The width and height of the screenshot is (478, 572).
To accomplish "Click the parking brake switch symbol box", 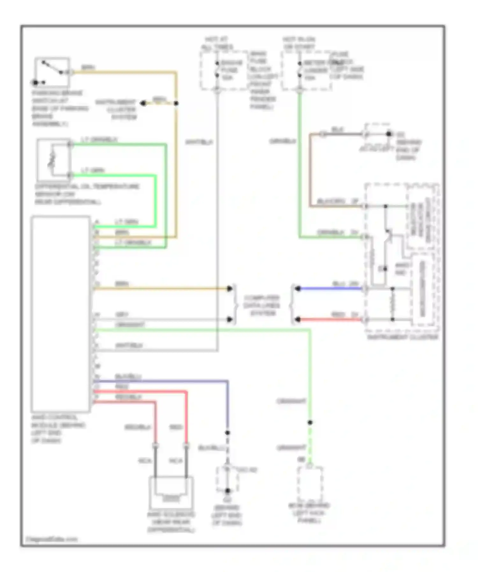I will coord(52,72).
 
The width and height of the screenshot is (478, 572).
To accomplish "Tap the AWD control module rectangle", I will coord(61,314).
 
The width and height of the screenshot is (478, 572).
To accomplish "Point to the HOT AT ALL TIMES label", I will coord(217,43).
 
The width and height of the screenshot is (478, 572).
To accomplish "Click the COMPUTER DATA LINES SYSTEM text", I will coord(262,306).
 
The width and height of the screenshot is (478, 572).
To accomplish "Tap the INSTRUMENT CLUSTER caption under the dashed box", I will coord(402,337).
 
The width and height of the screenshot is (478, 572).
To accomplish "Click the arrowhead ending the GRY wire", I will coord(230,319).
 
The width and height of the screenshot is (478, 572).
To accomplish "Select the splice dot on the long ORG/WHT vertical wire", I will coord(310,422).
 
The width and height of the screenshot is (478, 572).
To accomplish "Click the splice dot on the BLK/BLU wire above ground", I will coord(228,433).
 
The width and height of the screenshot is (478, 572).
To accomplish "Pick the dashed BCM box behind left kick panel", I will coord(310,484).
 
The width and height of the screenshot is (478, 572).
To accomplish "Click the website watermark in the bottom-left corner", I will coord(52,539).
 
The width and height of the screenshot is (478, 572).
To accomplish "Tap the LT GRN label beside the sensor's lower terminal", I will coord(92,170).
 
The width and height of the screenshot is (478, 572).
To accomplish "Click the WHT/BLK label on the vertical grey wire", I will coord(199,142).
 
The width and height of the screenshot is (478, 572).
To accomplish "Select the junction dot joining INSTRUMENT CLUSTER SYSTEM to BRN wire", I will coord(176,103).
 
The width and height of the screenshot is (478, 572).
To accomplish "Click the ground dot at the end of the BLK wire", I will coord(389,134).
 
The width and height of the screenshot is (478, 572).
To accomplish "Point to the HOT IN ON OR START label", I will coord(299,43).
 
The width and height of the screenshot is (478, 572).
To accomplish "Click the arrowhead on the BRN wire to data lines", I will coord(230,288).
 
